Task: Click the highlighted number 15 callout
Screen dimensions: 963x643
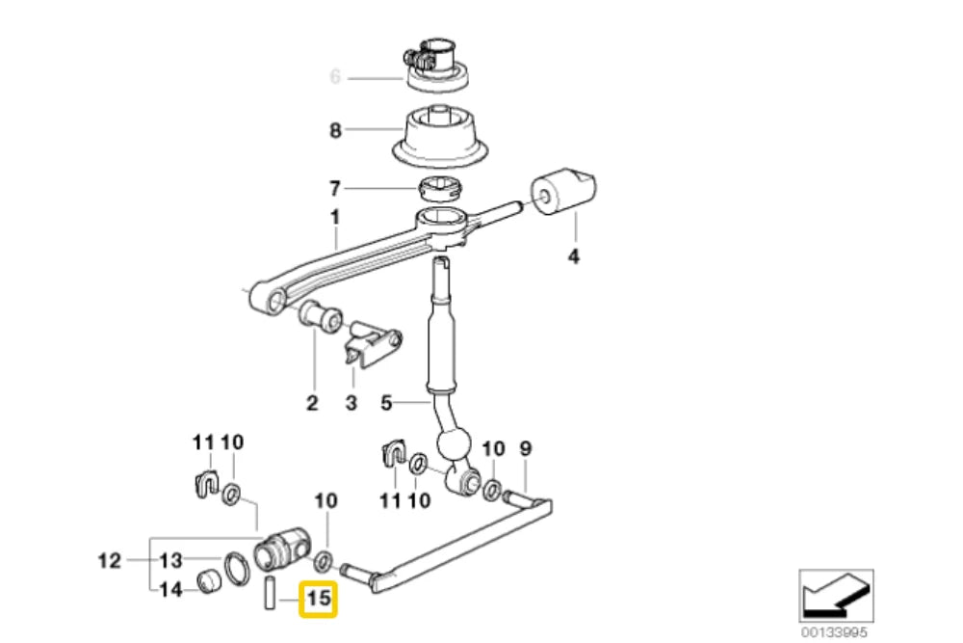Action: point(318,599)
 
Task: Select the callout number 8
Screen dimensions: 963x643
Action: point(335,130)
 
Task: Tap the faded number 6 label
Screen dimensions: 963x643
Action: point(335,77)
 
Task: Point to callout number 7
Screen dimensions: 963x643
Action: point(335,188)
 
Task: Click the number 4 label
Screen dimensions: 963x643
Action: point(573,255)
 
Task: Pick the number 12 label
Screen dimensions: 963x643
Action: point(110,561)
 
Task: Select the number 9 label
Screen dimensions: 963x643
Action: point(526,448)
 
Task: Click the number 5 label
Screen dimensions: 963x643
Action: point(386,403)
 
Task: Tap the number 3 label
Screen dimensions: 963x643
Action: point(351,403)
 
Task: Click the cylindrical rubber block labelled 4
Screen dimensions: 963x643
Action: point(563,192)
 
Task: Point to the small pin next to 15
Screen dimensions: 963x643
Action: point(270,593)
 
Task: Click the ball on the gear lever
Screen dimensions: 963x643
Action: point(454,445)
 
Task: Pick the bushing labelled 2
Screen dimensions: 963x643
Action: point(320,316)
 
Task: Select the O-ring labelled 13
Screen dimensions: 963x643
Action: point(236,569)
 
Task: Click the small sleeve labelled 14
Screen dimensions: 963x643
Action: point(208,581)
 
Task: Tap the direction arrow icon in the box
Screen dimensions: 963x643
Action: point(836,596)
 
